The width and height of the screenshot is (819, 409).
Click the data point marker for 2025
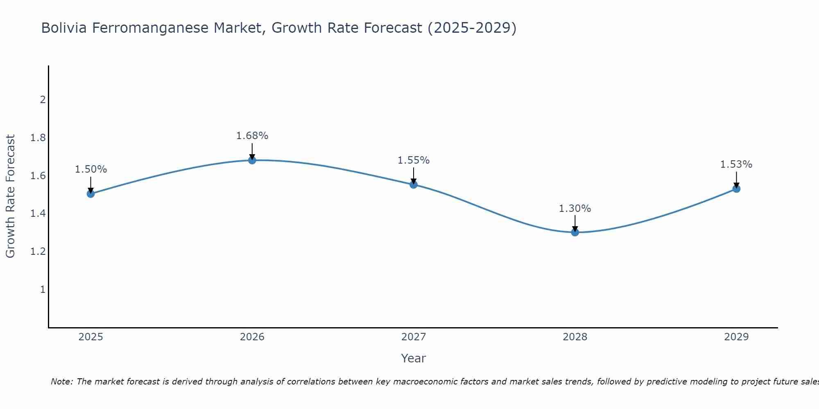(x=91, y=194)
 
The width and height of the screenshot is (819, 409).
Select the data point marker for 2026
(x=252, y=160)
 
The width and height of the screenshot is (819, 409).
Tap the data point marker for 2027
(x=414, y=185)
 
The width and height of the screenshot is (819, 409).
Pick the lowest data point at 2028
(x=575, y=232)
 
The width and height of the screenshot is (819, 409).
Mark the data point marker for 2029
(x=736, y=189)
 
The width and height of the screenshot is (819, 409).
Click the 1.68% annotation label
(x=252, y=136)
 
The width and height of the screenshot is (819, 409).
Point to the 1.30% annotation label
(x=575, y=209)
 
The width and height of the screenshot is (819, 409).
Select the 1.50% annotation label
(x=91, y=169)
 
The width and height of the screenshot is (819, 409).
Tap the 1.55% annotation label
(x=414, y=160)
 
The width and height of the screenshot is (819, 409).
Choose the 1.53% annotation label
(x=736, y=164)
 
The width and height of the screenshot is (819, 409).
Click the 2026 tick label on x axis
(x=252, y=337)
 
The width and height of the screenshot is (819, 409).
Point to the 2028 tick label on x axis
(x=575, y=337)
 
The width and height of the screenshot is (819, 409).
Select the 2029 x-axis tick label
(x=736, y=337)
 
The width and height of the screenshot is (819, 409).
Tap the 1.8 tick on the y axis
(x=38, y=138)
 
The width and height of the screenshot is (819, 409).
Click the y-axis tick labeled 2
(x=43, y=100)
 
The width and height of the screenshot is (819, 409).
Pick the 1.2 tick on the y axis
(x=38, y=252)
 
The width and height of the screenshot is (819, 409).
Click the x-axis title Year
(x=414, y=358)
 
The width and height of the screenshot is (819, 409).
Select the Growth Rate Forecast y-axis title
(x=11, y=196)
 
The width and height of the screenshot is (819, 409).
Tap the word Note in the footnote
(x=61, y=382)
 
